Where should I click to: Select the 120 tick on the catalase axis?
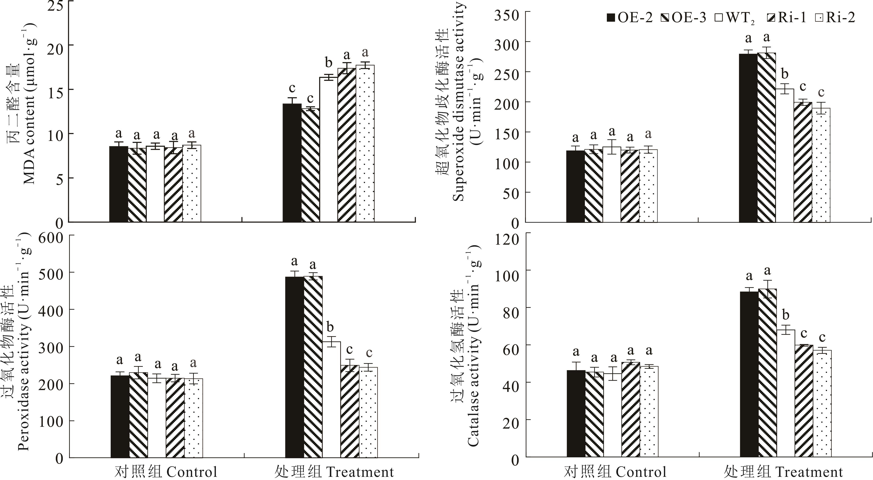(507, 239)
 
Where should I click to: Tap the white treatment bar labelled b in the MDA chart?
(328, 149)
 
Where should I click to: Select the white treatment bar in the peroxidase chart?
(331, 400)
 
